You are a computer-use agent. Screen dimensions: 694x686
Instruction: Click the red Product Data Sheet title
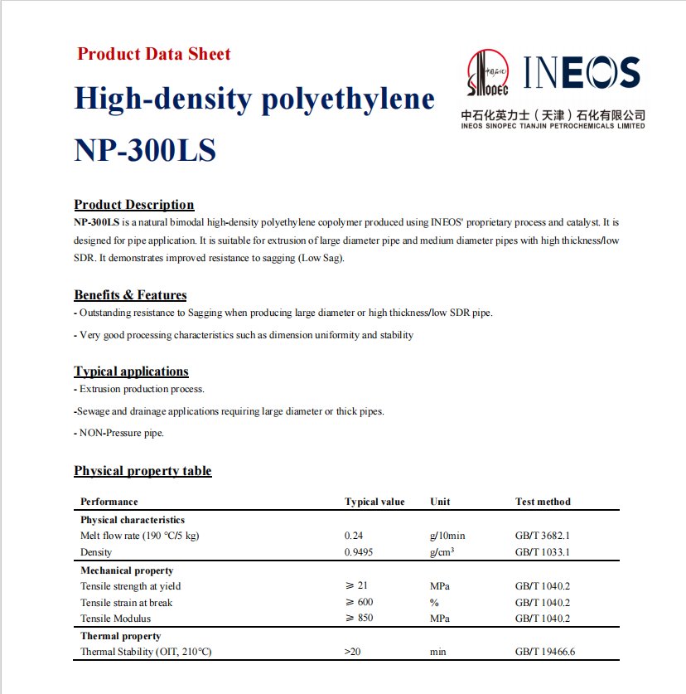click(153, 55)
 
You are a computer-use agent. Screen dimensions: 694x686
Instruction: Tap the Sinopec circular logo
click(488, 72)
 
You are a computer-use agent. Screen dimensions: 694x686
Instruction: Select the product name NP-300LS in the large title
click(145, 151)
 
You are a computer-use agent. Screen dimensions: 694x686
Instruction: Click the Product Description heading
click(133, 205)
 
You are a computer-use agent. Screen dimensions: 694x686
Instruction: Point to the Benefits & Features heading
click(130, 295)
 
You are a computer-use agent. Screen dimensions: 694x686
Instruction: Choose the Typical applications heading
click(131, 371)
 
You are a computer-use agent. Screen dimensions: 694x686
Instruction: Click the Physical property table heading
click(143, 471)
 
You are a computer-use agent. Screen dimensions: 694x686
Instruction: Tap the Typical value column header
click(374, 502)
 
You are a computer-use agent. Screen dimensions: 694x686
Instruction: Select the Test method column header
click(543, 502)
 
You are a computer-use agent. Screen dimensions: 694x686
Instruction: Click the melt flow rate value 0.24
click(353, 536)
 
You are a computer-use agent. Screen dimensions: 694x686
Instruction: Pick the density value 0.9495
click(358, 552)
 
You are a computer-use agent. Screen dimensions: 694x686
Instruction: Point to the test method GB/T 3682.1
click(542, 536)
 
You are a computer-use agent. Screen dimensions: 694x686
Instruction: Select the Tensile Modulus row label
click(115, 619)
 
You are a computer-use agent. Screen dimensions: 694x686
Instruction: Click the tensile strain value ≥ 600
click(359, 603)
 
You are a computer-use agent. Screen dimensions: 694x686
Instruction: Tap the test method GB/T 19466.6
click(544, 652)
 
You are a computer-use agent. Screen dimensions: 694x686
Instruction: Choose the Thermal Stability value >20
click(353, 652)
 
